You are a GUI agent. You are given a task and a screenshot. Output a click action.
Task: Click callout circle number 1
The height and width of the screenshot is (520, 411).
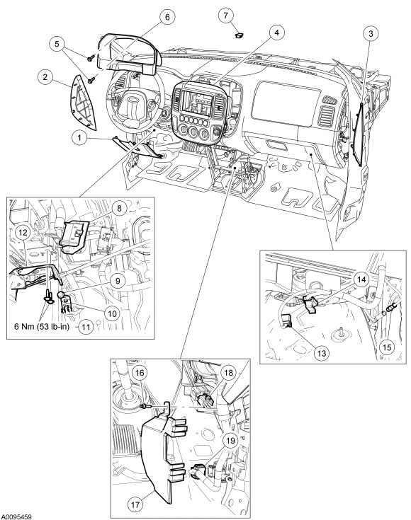coord(79,137)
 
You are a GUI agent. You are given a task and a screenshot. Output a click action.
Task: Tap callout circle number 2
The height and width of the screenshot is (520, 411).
coord(45,77)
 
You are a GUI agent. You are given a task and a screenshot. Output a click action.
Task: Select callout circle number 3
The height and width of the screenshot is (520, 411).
coord(371,33)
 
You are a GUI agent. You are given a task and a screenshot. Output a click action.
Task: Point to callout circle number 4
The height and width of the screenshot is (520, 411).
coord(277,33)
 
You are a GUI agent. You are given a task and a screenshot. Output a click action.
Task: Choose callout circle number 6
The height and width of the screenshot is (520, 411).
coord(167,16)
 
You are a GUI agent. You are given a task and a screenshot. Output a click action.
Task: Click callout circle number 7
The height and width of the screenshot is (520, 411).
coord(226,16)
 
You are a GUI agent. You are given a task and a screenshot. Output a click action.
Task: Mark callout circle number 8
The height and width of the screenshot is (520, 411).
coord(119,208)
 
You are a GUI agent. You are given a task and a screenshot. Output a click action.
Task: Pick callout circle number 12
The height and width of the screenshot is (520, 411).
coord(23,233)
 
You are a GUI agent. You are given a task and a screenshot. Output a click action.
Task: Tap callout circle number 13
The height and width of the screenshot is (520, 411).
coord(322,353)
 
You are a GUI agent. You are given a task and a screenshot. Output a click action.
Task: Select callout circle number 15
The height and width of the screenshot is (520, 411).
coord(387,347)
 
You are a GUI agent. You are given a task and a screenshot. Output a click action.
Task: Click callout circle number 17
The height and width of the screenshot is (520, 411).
coord(135,504)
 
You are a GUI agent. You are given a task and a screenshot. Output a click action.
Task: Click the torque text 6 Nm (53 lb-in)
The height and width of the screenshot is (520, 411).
coord(42,327)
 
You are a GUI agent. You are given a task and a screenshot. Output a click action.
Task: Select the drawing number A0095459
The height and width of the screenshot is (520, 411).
coord(16,516)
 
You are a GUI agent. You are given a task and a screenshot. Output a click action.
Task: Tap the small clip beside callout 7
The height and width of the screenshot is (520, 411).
coord(239,35)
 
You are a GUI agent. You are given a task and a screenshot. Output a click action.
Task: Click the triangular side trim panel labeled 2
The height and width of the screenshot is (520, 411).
coord(83,103)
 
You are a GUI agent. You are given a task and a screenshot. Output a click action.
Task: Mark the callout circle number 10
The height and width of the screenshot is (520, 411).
coord(112,313)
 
